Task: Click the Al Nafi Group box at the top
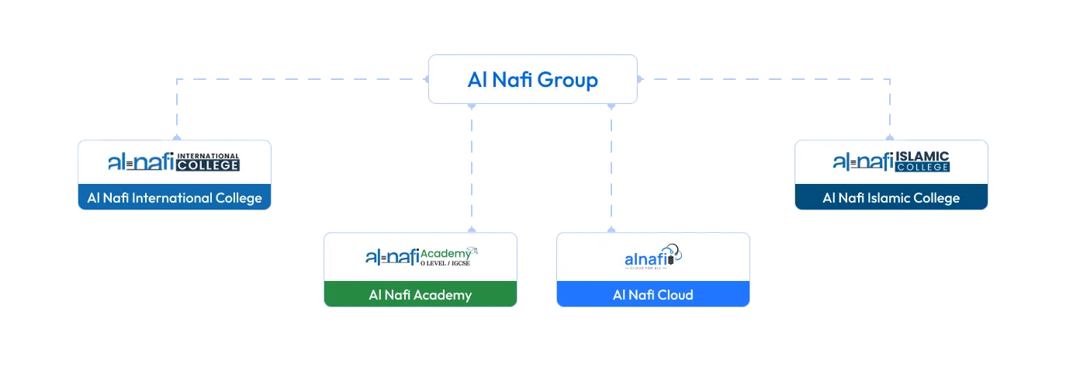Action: [533, 79]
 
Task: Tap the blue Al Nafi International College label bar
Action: [174, 198]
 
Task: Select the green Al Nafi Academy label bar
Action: [421, 295]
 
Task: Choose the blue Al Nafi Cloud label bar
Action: [652, 295]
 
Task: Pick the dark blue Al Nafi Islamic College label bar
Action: [891, 198]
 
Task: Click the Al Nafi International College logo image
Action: [174, 162]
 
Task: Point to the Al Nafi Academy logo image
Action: [421, 256]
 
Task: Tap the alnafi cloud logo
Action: [652, 256]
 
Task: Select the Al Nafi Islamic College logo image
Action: [891, 162]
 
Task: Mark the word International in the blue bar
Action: [171, 198]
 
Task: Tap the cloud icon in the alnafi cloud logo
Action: [674, 252]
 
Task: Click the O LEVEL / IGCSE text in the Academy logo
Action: [445, 264]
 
